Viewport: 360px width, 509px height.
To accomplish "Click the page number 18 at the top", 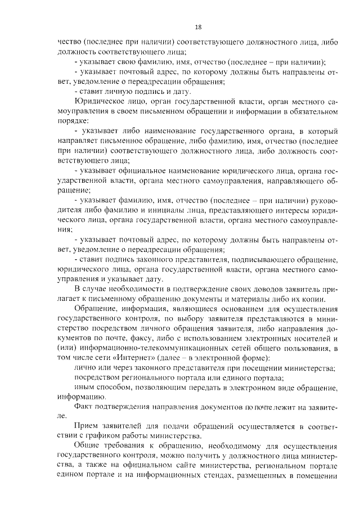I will click(x=198, y=27).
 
